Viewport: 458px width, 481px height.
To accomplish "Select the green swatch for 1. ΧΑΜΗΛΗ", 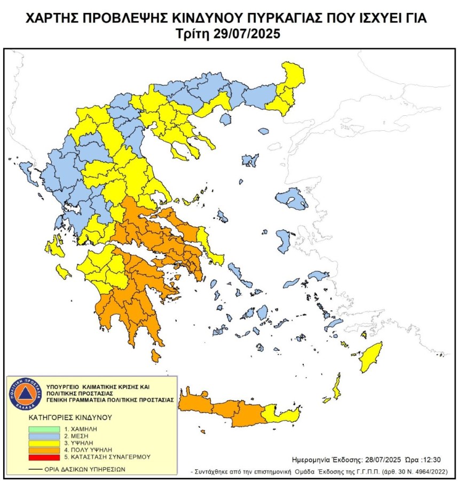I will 44,428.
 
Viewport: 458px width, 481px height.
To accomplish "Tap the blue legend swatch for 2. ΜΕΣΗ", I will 44,435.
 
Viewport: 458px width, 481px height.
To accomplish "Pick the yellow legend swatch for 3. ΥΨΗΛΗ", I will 44,443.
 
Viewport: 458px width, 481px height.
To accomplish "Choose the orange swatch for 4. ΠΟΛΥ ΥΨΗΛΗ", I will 44,450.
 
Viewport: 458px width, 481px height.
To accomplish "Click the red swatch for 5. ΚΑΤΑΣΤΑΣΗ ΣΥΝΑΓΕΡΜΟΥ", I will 44,457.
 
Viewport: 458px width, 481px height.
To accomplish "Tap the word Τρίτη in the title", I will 195,33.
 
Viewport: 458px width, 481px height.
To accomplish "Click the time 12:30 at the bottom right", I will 430,459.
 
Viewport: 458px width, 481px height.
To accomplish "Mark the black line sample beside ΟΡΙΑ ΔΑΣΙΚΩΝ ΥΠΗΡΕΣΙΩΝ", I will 36,470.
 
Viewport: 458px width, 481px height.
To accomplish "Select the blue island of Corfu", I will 25,170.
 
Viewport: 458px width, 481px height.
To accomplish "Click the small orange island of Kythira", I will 155,355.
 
